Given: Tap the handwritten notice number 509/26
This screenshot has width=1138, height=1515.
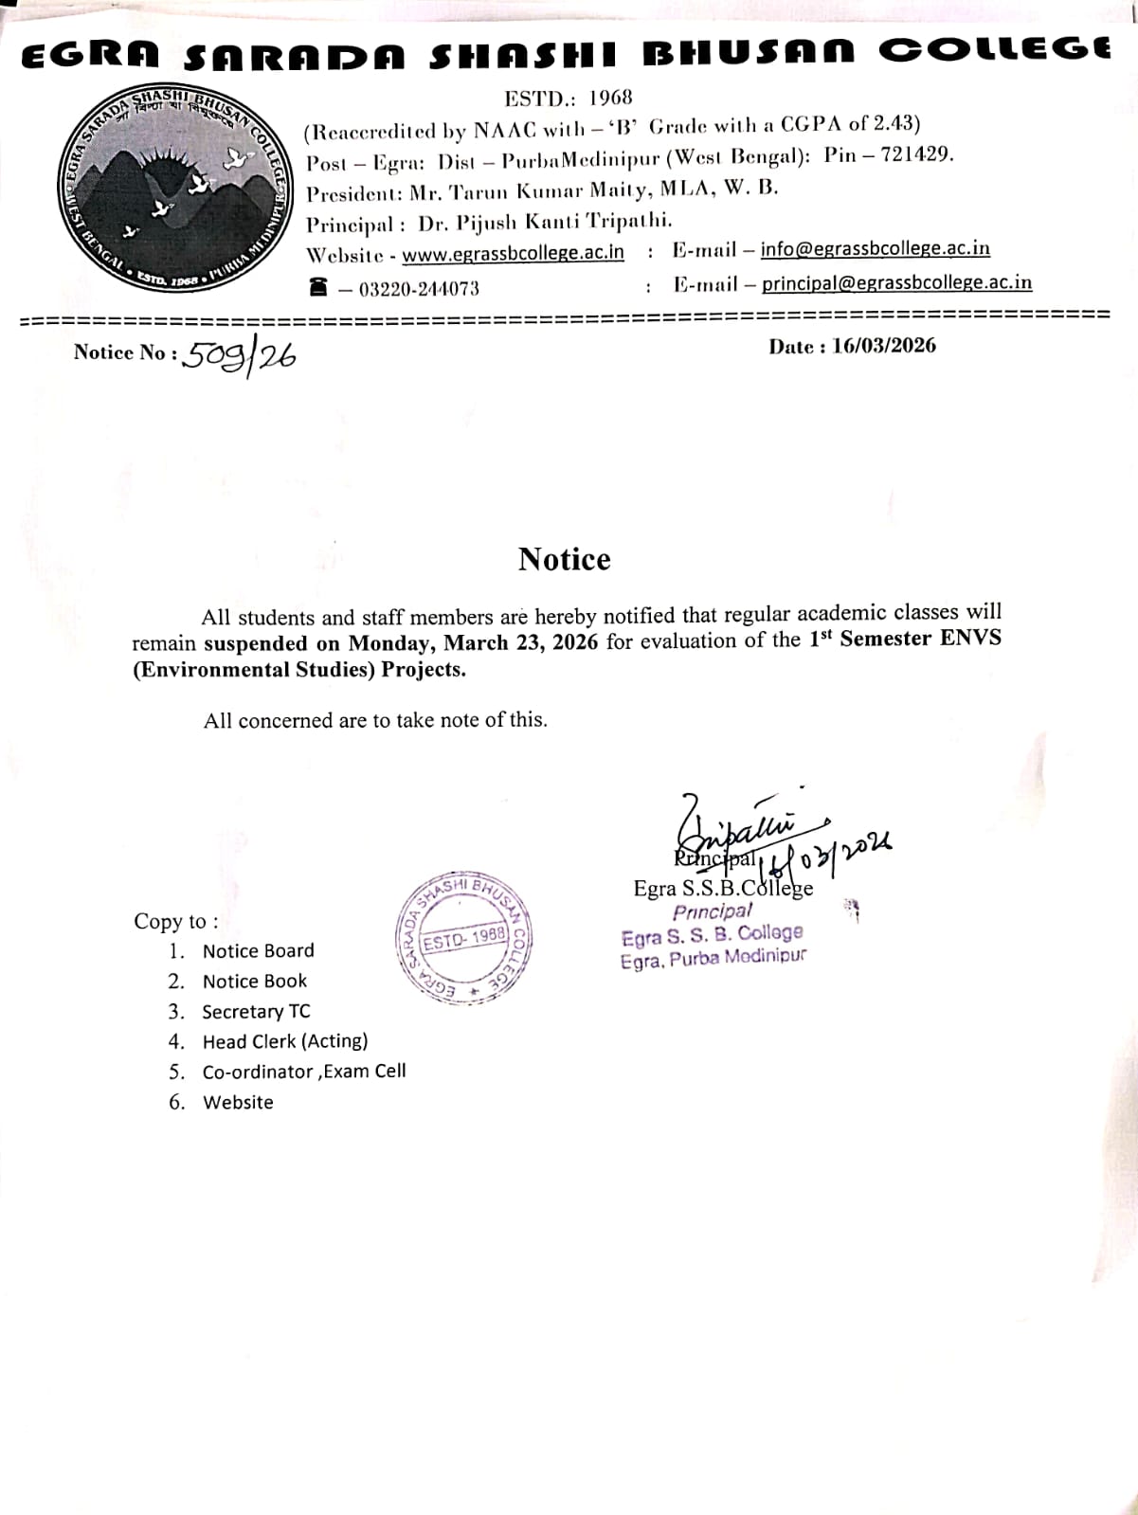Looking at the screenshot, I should point(240,356).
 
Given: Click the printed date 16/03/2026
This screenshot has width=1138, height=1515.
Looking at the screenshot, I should point(883,346).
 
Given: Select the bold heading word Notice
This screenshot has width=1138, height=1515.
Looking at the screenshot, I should point(564,559).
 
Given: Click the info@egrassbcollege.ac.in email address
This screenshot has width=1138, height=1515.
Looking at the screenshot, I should point(875,249).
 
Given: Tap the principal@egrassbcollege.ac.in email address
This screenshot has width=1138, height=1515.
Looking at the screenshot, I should point(896,282).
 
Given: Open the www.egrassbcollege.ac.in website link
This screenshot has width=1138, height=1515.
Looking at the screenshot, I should point(513,254).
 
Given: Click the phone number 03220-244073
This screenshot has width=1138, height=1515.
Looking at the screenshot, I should point(419,289).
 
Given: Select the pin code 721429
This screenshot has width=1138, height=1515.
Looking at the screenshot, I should point(916,154).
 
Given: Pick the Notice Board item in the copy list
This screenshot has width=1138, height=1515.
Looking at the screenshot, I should point(258,950).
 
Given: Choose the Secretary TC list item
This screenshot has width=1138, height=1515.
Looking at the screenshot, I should point(256,1011).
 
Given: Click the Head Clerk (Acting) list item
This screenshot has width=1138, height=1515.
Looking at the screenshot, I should point(284,1041).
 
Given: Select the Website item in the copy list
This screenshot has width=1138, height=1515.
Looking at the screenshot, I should point(238,1102).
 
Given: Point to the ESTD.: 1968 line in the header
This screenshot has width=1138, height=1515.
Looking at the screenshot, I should point(568,98).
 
